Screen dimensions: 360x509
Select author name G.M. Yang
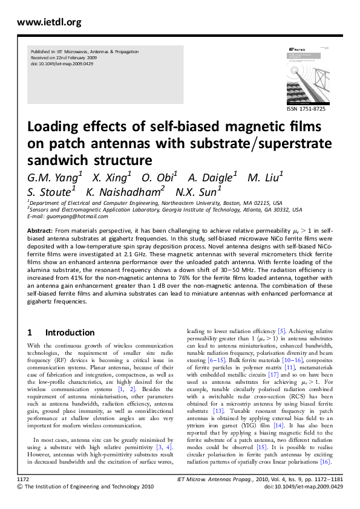click(53, 178)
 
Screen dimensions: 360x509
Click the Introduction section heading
click(70, 332)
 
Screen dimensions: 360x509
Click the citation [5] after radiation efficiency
click(281, 331)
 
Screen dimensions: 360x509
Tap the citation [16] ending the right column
click(325, 462)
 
